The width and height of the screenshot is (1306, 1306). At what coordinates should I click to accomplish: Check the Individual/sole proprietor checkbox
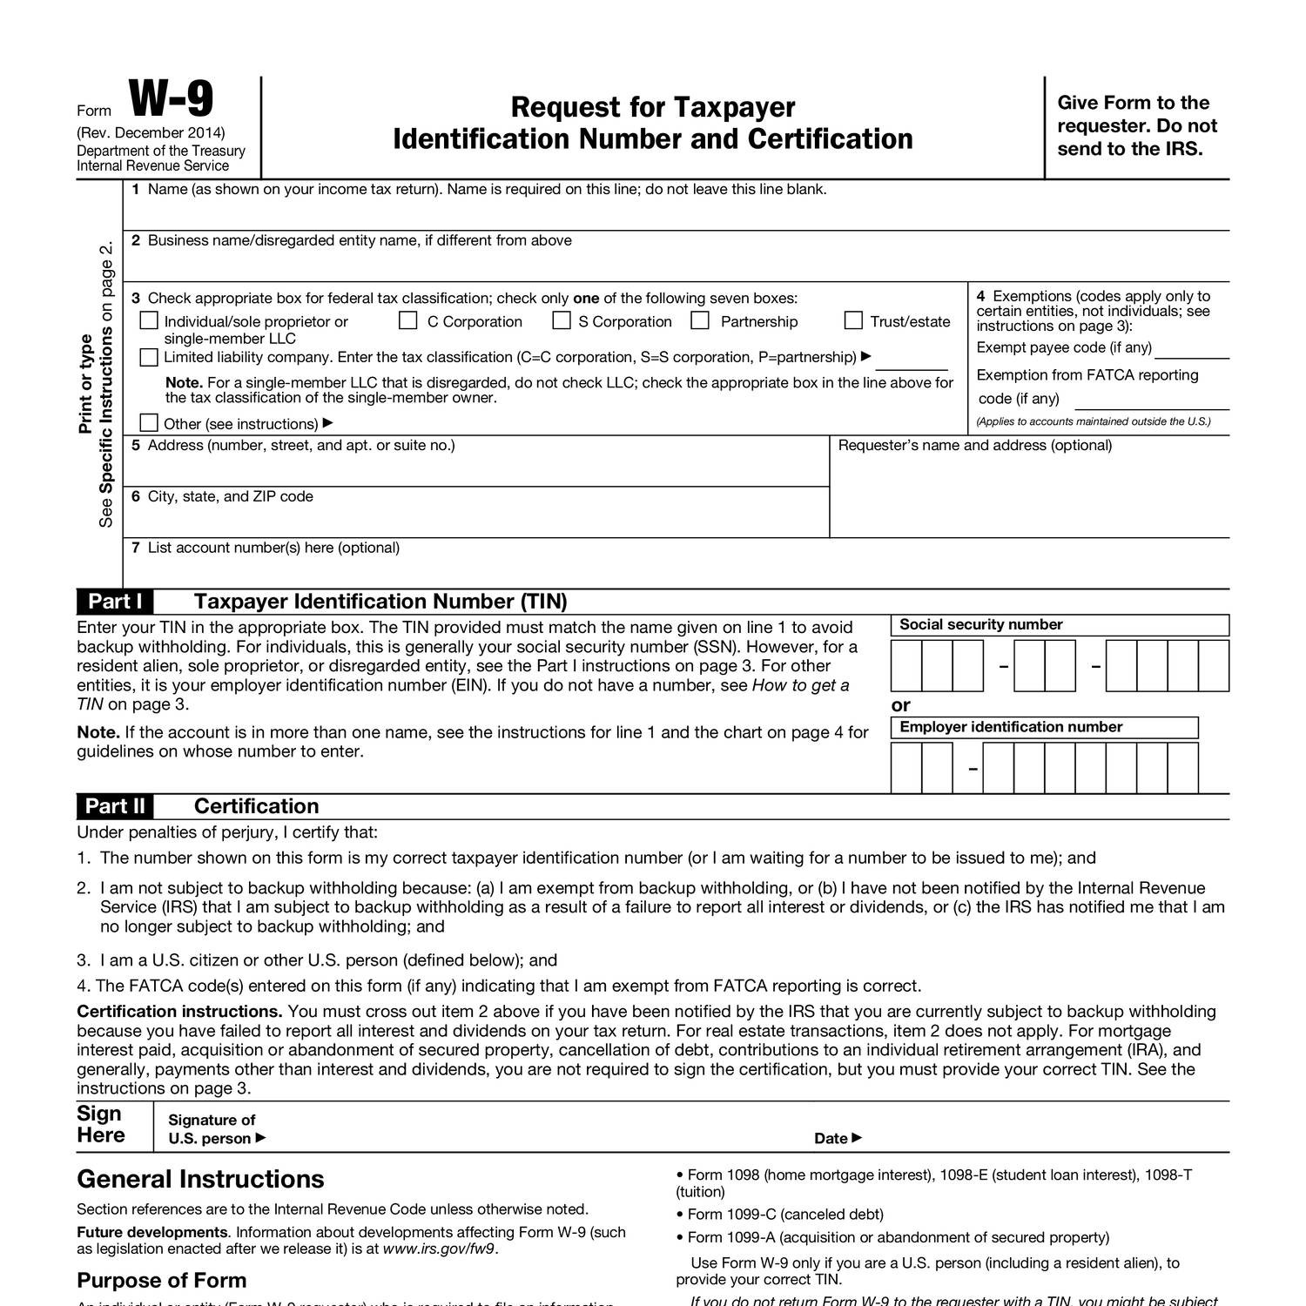pyautogui.click(x=149, y=321)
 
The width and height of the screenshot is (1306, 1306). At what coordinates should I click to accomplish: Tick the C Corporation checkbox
pyautogui.click(x=407, y=321)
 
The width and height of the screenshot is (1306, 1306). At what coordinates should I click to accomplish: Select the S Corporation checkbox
pyautogui.click(x=562, y=321)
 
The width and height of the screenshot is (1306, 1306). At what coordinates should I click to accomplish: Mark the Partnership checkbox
pyautogui.click(x=700, y=321)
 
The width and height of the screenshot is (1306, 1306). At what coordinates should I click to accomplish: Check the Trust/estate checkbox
pyautogui.click(x=853, y=321)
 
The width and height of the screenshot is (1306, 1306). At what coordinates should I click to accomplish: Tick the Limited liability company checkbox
pyautogui.click(x=149, y=357)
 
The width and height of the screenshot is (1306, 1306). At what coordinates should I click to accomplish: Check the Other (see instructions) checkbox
pyautogui.click(x=149, y=423)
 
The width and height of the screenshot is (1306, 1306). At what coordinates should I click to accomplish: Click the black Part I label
pyautogui.click(x=116, y=602)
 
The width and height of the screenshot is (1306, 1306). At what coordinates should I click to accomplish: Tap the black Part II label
pyautogui.click(x=116, y=806)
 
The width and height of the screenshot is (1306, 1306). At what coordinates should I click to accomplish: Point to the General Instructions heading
pyautogui.click(x=200, y=1179)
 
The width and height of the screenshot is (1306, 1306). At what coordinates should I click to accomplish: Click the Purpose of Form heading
pyautogui.click(x=161, y=1280)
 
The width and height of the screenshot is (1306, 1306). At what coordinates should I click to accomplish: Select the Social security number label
pyautogui.click(x=980, y=624)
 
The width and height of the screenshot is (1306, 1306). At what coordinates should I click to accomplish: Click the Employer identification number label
pyautogui.click(x=1010, y=727)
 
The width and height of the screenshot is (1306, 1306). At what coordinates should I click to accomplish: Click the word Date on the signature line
pyautogui.click(x=831, y=1138)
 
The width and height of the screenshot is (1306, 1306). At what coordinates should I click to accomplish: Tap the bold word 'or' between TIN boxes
pyautogui.click(x=900, y=705)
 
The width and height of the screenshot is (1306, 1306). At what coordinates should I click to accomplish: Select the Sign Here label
pyautogui.click(x=101, y=1124)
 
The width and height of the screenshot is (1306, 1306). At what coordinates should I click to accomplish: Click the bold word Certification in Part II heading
pyautogui.click(x=256, y=806)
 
